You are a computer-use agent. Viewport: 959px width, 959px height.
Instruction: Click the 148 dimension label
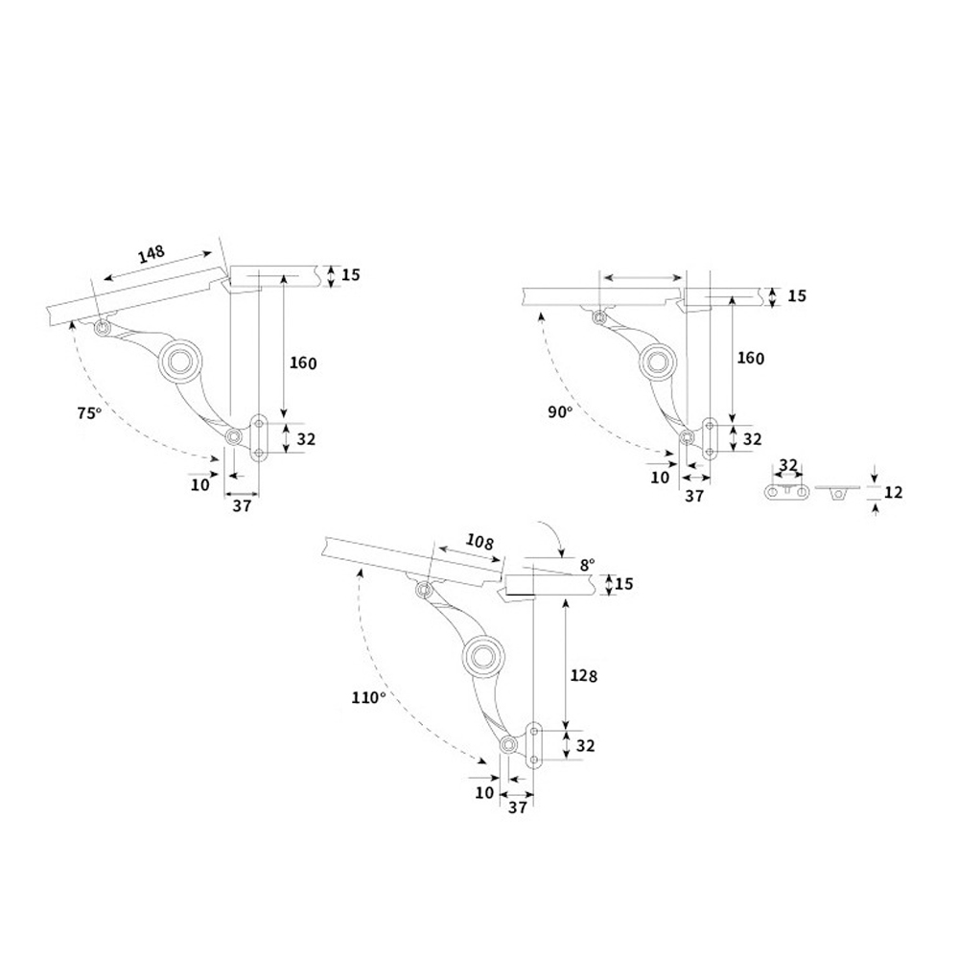click(x=152, y=255)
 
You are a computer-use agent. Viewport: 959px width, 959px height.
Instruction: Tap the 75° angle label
click(x=88, y=413)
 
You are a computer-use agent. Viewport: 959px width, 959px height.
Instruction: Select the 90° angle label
click(x=560, y=411)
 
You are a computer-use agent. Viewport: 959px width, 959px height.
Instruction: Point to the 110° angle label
click(x=367, y=698)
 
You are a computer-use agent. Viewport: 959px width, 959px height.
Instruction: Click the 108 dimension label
click(x=481, y=542)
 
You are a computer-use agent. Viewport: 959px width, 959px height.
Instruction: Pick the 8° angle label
click(x=586, y=565)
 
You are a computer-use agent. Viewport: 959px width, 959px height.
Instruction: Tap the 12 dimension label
click(x=893, y=492)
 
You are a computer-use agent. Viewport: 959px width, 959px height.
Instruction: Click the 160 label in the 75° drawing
click(x=303, y=363)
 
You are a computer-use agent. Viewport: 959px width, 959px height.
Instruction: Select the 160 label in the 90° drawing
click(x=750, y=358)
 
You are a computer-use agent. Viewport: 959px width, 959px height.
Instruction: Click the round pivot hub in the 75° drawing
click(x=179, y=361)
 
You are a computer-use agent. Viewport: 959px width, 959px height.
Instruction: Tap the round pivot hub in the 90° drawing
click(x=658, y=360)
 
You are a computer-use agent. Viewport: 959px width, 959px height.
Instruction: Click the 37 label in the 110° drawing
click(x=518, y=808)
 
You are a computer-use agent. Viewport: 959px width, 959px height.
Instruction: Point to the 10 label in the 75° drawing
click(x=199, y=484)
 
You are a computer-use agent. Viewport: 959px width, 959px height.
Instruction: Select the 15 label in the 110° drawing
click(x=624, y=583)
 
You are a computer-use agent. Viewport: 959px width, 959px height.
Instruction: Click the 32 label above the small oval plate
click(x=787, y=465)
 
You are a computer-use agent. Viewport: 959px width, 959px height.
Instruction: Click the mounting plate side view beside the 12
click(x=837, y=491)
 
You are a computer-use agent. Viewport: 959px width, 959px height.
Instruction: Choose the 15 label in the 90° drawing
click(x=797, y=295)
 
